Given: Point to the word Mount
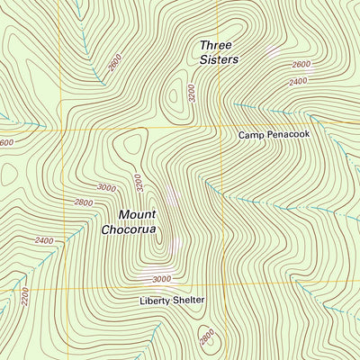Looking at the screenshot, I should tap(138, 214).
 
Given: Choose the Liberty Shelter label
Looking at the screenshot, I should tap(172, 300).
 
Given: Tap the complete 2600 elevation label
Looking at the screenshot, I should tap(301, 65).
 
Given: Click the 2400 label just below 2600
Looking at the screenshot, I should tap(297, 81).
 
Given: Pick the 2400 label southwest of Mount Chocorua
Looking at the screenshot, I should tap(43, 240).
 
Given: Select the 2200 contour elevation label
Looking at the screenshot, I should tap(24, 293).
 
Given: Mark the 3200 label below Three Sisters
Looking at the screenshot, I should tap(190, 94).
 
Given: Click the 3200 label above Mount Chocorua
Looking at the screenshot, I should tap(138, 183).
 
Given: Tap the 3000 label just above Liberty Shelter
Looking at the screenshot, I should tap(161, 280).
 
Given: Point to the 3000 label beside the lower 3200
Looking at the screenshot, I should tap(106, 187).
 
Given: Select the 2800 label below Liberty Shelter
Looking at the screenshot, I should tap(206, 337).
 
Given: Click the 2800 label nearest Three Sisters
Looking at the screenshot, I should tap(113, 62).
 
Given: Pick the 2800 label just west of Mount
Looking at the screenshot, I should tap(84, 203).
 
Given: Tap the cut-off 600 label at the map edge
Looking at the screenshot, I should tap(6, 142).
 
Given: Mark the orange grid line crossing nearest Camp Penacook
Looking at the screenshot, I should tap(222, 130).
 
